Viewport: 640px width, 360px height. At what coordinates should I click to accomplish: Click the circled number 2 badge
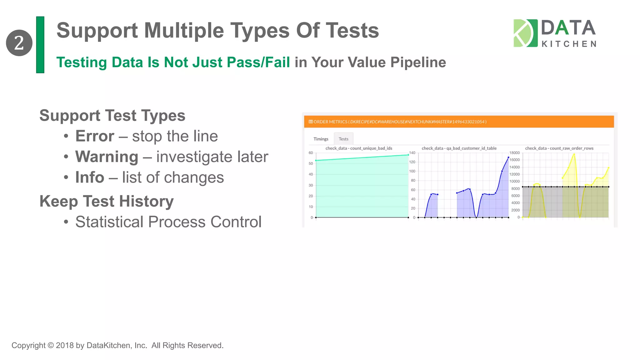click(x=19, y=43)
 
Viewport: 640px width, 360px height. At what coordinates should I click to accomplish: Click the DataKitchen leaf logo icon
click(x=525, y=33)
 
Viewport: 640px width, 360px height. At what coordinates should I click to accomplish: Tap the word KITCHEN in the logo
click(x=569, y=44)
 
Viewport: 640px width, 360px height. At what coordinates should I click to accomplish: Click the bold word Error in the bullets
click(x=95, y=136)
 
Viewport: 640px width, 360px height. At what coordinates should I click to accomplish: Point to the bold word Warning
click(x=107, y=157)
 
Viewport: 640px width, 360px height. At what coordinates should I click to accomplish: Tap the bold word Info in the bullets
click(x=90, y=177)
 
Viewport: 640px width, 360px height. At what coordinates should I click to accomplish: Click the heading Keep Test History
click(x=106, y=201)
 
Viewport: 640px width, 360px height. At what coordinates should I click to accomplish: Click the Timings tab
click(x=321, y=139)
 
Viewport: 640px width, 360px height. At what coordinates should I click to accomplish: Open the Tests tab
click(x=343, y=139)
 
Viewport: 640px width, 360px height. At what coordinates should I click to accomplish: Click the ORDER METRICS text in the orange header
click(x=330, y=122)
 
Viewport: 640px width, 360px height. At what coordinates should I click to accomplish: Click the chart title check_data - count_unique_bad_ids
click(x=359, y=148)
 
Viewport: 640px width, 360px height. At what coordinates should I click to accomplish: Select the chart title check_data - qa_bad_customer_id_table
click(x=459, y=148)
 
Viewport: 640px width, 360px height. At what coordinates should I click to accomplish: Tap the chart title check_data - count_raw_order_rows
click(x=559, y=148)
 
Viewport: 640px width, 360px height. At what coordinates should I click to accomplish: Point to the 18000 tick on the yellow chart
click(x=514, y=153)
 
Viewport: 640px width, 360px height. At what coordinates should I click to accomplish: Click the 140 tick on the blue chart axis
click(x=412, y=153)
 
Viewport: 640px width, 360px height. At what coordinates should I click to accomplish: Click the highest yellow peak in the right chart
click(x=574, y=154)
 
